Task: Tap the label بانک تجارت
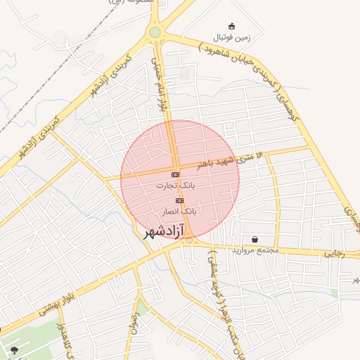[176, 186]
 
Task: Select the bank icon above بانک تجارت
[175, 174]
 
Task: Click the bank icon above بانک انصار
[179, 200]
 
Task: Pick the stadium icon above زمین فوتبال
[233, 25]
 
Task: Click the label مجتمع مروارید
[255, 250]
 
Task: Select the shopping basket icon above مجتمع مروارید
[254, 239]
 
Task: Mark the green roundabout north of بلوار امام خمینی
[155, 32]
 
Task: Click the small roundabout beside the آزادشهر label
[188, 242]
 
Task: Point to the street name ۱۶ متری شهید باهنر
[229, 160]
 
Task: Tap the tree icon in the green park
[13, 349]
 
